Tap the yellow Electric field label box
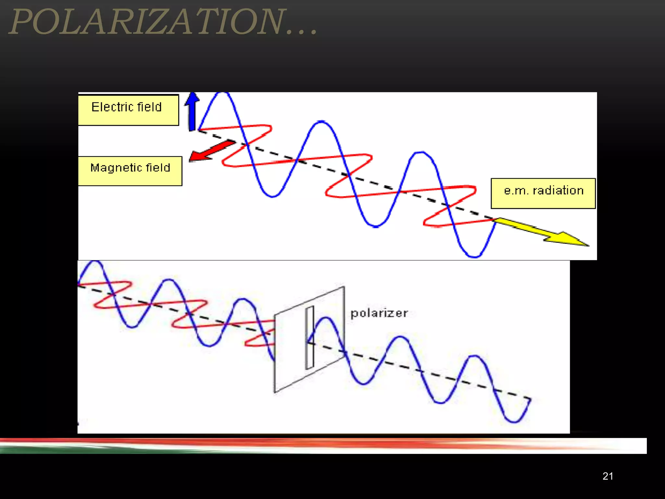128,110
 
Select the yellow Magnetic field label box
130,171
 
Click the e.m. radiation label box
543,193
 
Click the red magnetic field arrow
211,150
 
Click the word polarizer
379,313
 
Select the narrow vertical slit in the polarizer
309,338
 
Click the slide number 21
608,476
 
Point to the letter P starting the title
22,22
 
